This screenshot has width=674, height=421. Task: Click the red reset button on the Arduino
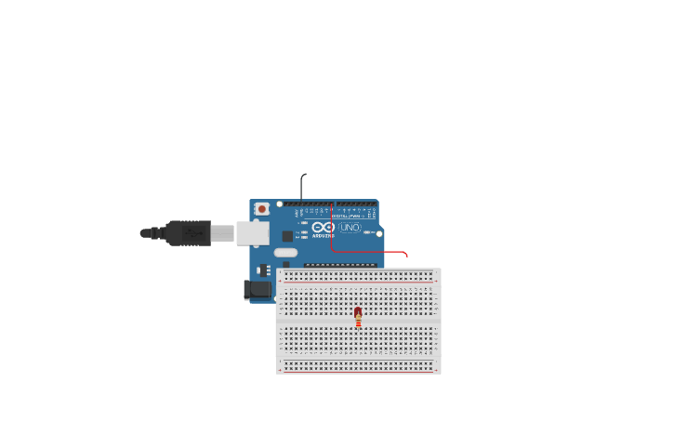pos(262,209)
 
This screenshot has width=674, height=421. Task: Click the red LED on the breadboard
pos(358,312)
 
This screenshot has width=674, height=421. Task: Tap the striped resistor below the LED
pos(358,322)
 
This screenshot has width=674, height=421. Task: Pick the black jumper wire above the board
pos(301,185)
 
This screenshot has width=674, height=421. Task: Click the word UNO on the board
pos(350,227)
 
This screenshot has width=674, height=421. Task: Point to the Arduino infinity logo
pos(323,227)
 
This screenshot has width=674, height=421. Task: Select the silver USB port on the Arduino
pos(252,232)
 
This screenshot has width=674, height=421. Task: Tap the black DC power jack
pos(258,290)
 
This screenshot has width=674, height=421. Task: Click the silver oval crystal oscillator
pos(285,252)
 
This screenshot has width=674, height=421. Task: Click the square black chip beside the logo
pos(287,236)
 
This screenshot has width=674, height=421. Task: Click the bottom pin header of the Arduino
pos(340,265)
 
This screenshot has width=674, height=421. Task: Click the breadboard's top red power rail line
pos(358,270)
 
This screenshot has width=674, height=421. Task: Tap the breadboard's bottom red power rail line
pos(358,372)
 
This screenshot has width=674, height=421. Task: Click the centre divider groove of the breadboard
pos(358,321)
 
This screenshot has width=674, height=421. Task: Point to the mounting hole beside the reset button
pos(279,204)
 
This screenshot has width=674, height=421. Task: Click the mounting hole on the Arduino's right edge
pos(379,233)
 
